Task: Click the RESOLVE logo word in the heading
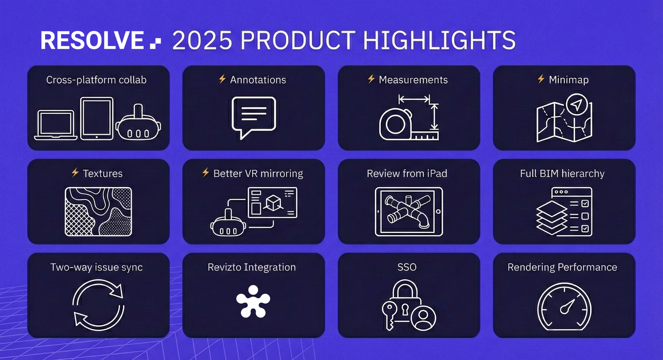tap(92, 40)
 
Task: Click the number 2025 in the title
tap(202, 40)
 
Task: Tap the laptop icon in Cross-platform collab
tap(56, 125)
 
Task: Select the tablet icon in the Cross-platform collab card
tap(97, 118)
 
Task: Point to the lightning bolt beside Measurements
tap(371, 79)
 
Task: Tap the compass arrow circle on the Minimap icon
tap(577, 104)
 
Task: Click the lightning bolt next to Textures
tap(75, 172)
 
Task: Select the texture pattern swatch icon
tap(98, 211)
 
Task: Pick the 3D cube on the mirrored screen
tap(273, 203)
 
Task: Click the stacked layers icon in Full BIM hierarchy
tap(552, 217)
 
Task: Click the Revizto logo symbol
tap(253, 301)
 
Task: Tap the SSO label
tap(407, 267)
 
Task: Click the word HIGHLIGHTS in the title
tap(440, 40)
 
